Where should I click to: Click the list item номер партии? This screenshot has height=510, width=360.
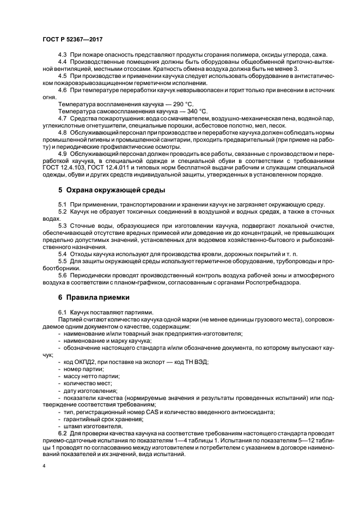pos(83,369)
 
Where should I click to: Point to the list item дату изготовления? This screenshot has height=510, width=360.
pos(90,391)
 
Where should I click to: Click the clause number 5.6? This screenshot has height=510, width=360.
pos(62,275)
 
